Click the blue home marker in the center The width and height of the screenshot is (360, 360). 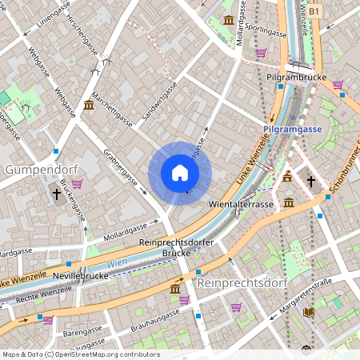(x=180, y=173)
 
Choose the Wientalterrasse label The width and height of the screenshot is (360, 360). (x=241, y=205)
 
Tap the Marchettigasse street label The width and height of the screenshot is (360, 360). (x=112, y=109)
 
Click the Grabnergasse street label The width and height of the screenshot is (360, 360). (x=121, y=169)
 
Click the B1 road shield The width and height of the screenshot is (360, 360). (x=314, y=12)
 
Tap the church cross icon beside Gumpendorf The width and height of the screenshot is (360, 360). (x=57, y=194)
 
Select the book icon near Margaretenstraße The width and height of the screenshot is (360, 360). (x=309, y=312)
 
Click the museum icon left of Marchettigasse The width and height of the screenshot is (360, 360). (x=88, y=105)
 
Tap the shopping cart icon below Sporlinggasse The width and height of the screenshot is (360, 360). (x=261, y=53)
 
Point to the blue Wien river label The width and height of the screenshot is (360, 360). (x=117, y=262)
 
